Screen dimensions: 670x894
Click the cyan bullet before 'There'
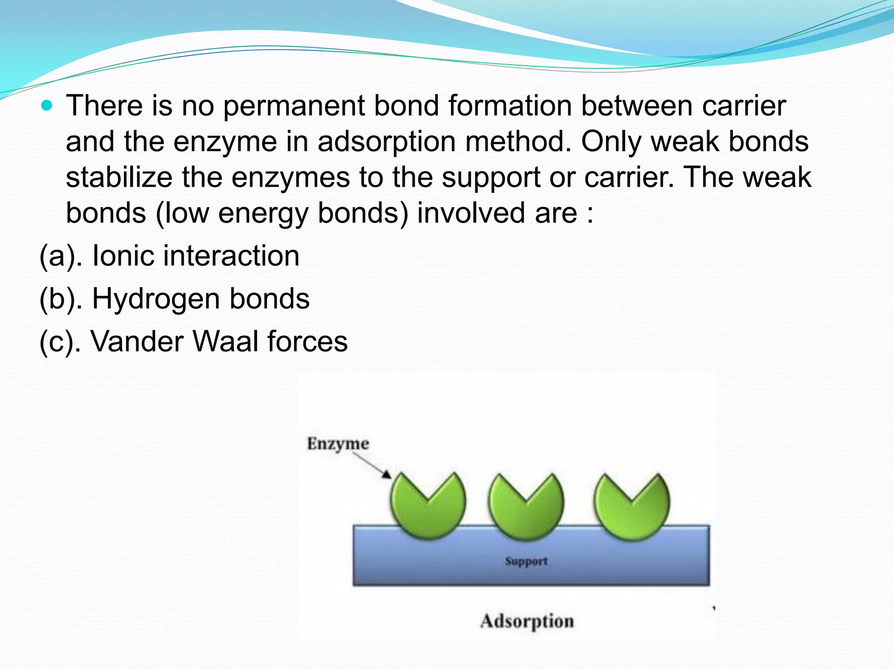[x=46, y=105]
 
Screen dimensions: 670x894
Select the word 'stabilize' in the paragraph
[x=119, y=178]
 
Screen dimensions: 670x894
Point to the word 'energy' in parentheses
[x=263, y=214]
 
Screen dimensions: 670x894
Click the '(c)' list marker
[x=56, y=342]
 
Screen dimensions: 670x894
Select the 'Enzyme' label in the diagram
[x=338, y=444]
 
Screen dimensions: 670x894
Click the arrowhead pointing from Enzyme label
[x=387, y=475]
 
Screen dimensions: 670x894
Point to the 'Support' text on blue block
[x=526, y=561]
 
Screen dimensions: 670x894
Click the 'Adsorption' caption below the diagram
[x=527, y=621]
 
